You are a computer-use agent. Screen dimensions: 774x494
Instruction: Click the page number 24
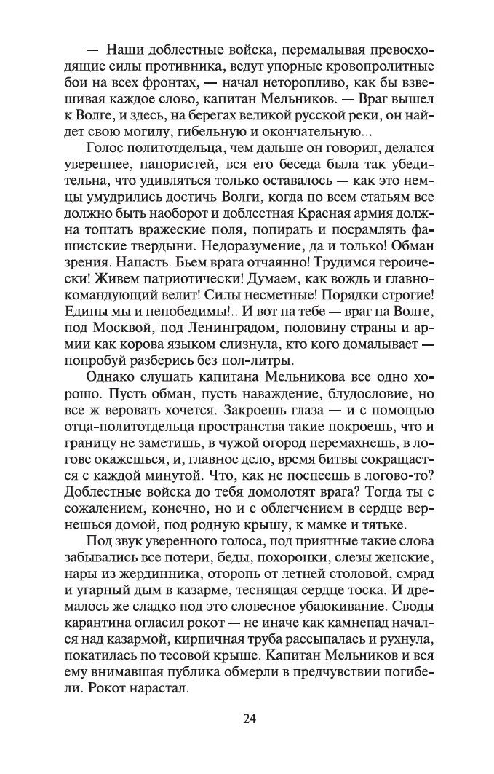(x=248, y=719)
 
